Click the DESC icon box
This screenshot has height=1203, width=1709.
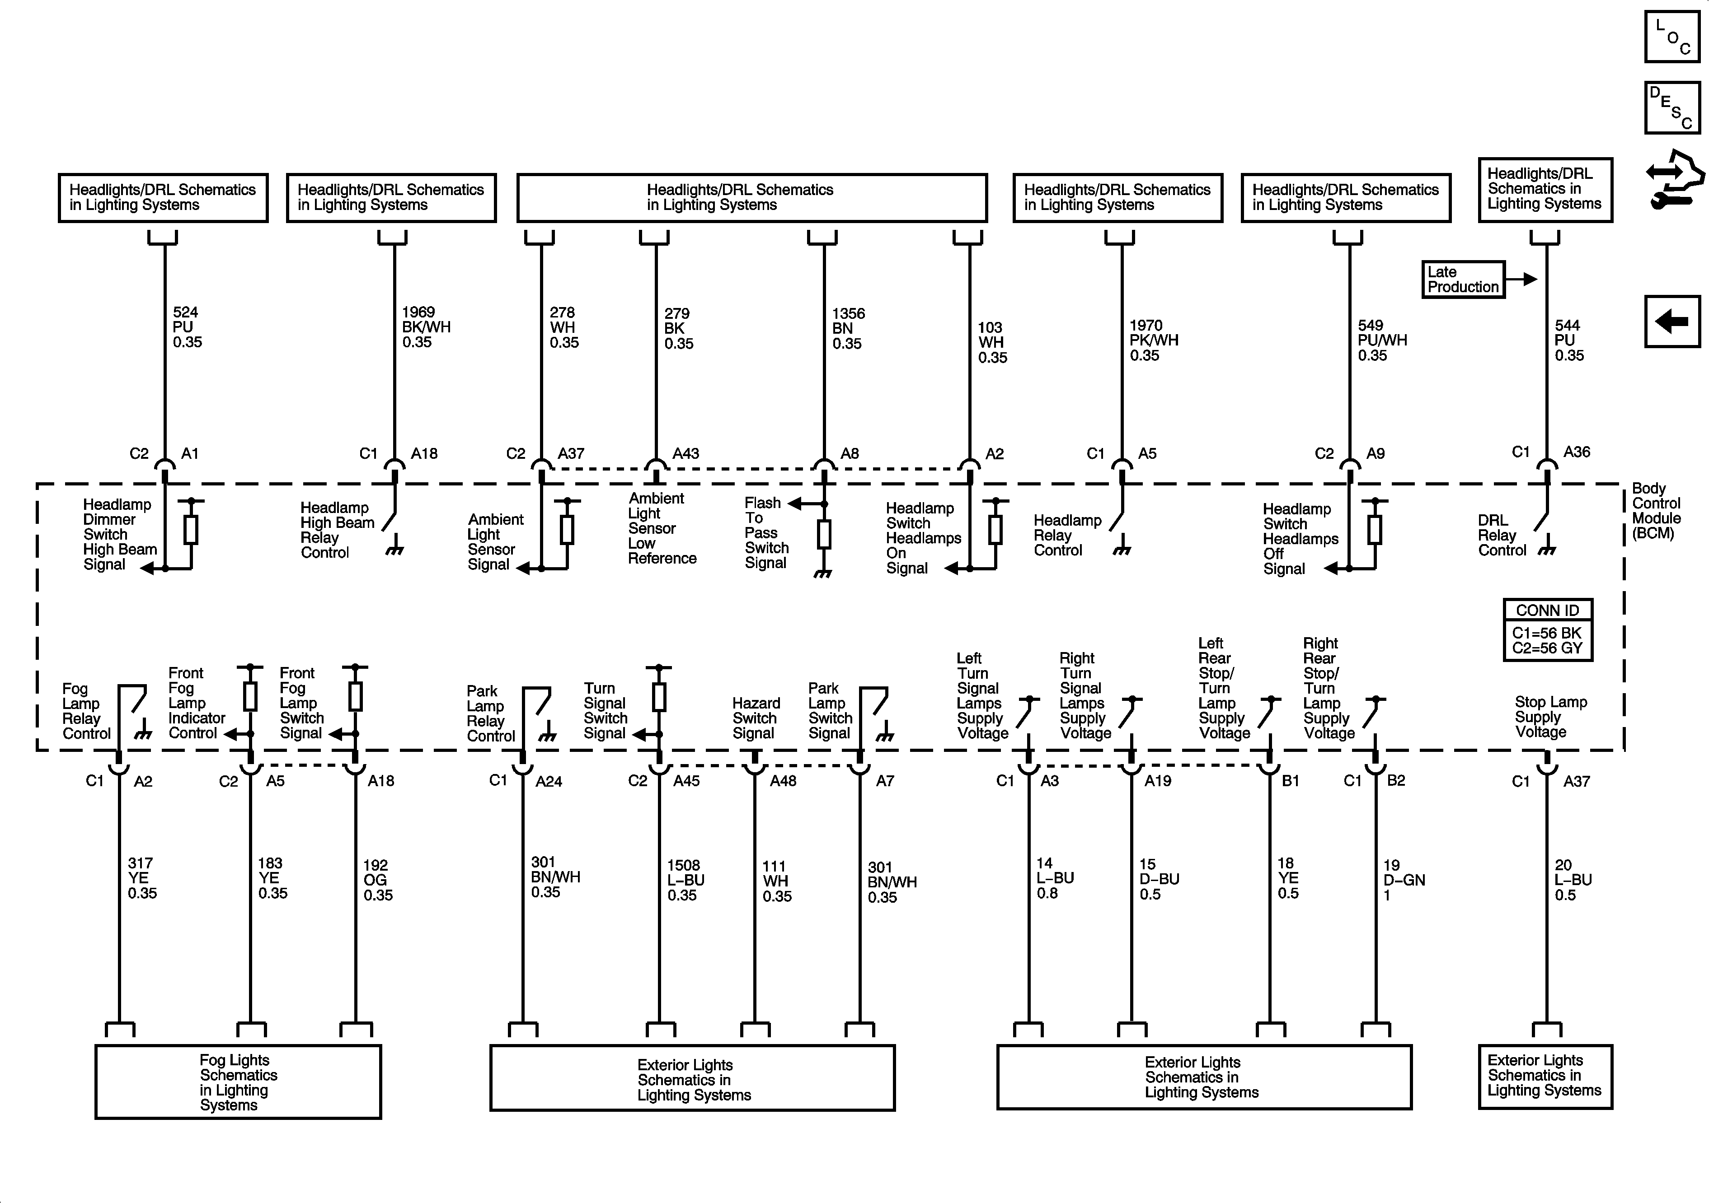[x=1672, y=108]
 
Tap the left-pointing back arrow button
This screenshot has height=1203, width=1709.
[x=1672, y=322]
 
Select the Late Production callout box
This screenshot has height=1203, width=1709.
[x=1463, y=280]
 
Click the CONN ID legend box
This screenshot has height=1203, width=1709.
[x=1548, y=629]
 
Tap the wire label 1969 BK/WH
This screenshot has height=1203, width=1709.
[x=426, y=327]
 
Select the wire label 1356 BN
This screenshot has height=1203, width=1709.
[x=848, y=329]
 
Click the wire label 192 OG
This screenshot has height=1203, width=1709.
[x=377, y=880]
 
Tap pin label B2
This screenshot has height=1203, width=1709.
[x=1396, y=780]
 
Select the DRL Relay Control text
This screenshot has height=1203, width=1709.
[x=1501, y=536]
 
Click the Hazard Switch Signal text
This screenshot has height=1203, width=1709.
[x=756, y=718]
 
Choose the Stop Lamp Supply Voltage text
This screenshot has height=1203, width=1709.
[x=1550, y=717]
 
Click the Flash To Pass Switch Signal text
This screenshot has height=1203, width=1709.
[x=766, y=533]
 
